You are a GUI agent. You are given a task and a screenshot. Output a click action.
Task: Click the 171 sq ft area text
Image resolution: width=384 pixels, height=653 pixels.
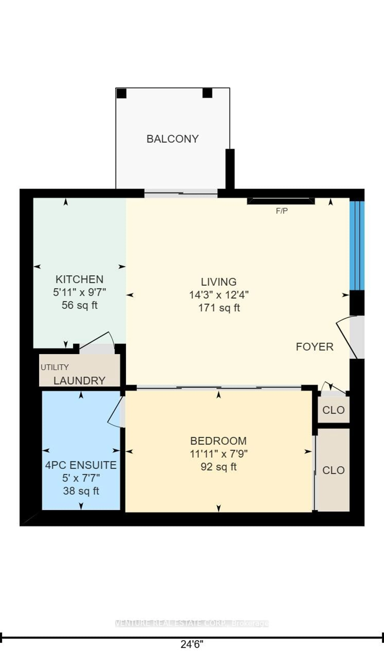click(x=219, y=308)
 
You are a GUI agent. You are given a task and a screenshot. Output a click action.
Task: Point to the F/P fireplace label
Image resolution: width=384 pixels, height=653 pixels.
click(x=282, y=211)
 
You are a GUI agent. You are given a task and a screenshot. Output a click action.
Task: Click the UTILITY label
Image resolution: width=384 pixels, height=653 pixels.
click(x=55, y=367)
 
